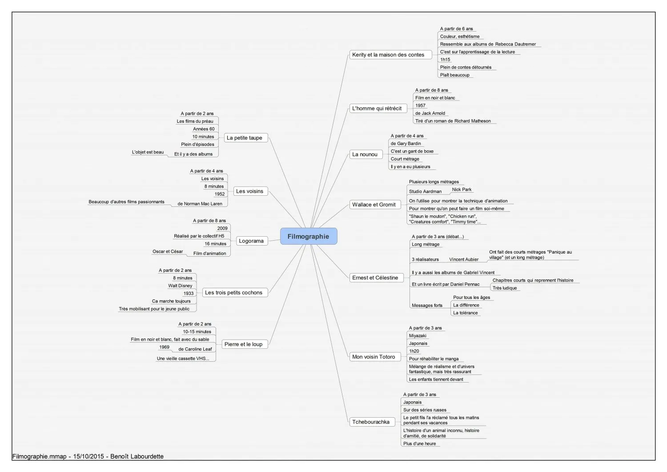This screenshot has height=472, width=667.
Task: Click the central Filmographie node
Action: click(x=309, y=236)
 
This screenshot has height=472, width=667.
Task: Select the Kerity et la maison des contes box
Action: click(x=390, y=55)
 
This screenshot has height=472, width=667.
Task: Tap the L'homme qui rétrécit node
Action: click(x=378, y=109)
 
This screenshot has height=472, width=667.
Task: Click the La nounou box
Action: click(x=366, y=154)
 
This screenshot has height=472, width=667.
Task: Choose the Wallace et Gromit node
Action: click(x=375, y=204)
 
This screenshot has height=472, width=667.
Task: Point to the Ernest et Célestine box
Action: click(x=376, y=278)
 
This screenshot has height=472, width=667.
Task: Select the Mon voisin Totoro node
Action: click(x=375, y=357)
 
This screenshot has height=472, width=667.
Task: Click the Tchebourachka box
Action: click(x=372, y=422)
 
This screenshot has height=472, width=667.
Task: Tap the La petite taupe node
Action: click(x=246, y=137)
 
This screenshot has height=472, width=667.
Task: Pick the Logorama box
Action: click(x=252, y=241)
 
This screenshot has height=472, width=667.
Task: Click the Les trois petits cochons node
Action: click(x=235, y=293)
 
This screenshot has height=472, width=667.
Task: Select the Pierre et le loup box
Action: click(x=245, y=344)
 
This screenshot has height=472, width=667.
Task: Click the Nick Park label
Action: click(x=462, y=190)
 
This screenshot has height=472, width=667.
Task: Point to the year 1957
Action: click(x=420, y=105)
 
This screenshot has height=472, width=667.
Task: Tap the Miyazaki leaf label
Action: click(x=418, y=335)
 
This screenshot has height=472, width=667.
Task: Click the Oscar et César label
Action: click(x=168, y=251)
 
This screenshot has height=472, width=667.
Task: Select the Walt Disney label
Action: click(x=180, y=286)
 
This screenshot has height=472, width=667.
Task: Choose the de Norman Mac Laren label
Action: click(x=200, y=204)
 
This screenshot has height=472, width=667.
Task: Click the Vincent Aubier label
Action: click(x=464, y=259)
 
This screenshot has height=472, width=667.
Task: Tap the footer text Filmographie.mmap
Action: click(x=39, y=456)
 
